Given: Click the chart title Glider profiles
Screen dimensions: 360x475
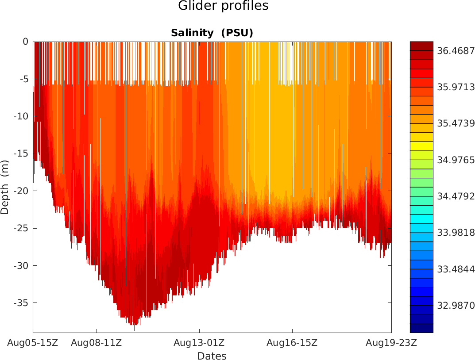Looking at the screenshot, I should pos(223,6).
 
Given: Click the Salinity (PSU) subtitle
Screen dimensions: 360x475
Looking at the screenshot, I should pos(212,33).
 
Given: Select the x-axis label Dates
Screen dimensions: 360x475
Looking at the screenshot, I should pos(212,356).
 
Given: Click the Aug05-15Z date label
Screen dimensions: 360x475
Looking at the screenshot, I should pos(33,342).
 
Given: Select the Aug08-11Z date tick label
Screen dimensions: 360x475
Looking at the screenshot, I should pos(97,342).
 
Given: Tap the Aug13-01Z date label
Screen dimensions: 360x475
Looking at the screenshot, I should pos(199,342).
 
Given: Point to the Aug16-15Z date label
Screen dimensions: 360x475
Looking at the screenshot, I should pos(292,342).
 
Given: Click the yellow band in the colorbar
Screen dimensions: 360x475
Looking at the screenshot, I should pos(421,146).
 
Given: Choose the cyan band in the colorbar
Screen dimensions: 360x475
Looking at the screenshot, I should pos(421,219).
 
